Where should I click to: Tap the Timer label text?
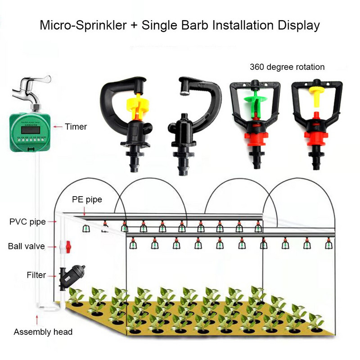coord(76,127)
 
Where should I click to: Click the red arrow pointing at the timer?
coord(58,127)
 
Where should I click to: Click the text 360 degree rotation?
coord(287,67)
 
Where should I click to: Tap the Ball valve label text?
coord(27,247)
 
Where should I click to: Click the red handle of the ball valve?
coord(68,246)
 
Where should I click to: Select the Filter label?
coord(36,275)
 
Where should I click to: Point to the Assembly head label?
coord(43,332)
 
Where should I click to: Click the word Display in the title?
coord(298,25)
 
